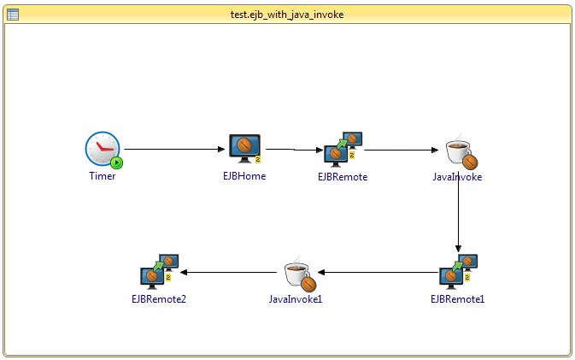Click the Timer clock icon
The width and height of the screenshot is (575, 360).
(103, 150)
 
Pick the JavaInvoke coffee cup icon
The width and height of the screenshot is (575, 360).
(462, 151)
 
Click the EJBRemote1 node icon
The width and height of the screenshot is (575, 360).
(458, 271)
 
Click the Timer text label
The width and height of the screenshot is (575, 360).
(103, 177)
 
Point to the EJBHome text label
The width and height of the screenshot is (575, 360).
(244, 177)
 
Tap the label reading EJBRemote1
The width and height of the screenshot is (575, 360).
(458, 299)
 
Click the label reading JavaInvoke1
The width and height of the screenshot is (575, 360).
(296, 299)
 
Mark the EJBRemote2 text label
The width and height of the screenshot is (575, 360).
(159, 299)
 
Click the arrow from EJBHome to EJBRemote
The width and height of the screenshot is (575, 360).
(292, 150)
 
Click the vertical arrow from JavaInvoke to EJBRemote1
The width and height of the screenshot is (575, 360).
(459, 214)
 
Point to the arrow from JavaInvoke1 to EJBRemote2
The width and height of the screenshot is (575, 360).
(231, 273)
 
